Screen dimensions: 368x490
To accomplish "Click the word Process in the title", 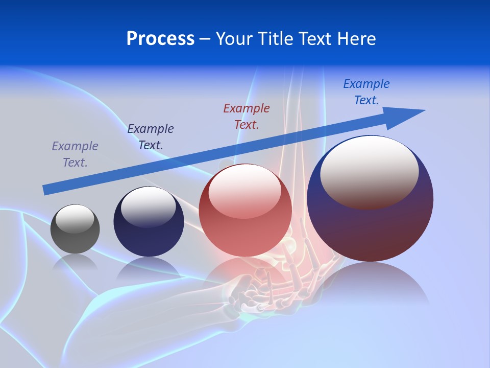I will point(160,39).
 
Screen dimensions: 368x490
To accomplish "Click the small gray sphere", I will point(75,229).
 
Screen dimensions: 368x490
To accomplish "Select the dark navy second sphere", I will point(149,222).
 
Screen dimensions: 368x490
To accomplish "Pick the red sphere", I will point(245,210).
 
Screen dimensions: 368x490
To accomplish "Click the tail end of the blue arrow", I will point(46,190).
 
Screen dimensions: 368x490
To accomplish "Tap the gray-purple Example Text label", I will point(75,154).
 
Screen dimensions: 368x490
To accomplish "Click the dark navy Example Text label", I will point(151,136).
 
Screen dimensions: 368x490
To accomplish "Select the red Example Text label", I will point(247,116).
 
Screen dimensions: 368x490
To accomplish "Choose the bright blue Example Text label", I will point(366,91).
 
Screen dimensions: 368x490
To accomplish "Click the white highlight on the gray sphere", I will point(75,219).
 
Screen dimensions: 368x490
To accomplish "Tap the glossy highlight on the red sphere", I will point(245,192).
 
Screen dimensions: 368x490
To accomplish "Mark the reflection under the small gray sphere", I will point(75,262).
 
